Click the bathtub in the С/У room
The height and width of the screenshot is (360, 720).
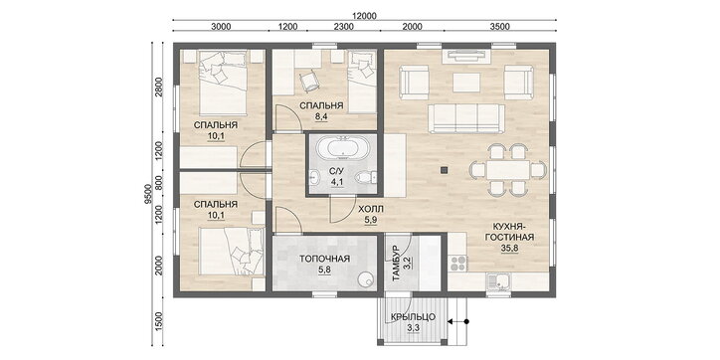coord(341,149)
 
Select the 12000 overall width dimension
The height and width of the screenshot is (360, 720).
coord(365,15)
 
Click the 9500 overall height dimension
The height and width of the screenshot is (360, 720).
coord(147,194)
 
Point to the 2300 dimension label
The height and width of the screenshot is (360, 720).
coord(343,26)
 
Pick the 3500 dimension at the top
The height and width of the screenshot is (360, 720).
coord(499,26)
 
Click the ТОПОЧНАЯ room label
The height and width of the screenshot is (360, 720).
coord(324,259)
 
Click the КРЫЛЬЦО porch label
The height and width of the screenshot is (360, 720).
coord(413,317)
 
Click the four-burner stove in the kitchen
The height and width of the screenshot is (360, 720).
coord(457,263)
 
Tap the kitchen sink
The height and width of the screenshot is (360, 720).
coord(497,281)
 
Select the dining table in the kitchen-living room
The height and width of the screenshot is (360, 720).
coord(509,170)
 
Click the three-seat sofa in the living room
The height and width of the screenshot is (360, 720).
coord(466,118)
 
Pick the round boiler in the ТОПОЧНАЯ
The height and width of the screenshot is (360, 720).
coord(366,280)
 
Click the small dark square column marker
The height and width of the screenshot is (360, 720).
coord(444,170)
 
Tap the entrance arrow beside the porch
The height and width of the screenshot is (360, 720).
coord(457,321)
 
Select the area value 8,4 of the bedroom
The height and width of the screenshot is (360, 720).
coord(321,116)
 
